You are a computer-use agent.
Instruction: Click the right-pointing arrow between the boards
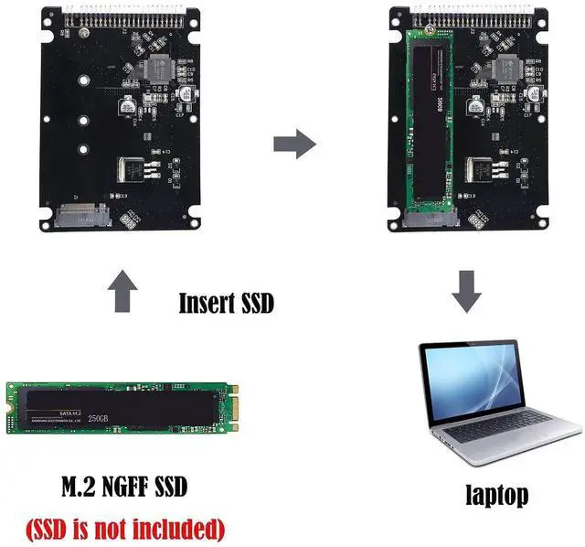294,144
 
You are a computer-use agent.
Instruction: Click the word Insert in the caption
205,303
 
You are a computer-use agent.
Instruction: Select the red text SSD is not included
123,528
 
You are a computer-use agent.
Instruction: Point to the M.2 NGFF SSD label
123,487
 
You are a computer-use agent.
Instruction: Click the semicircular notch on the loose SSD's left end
12,406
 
